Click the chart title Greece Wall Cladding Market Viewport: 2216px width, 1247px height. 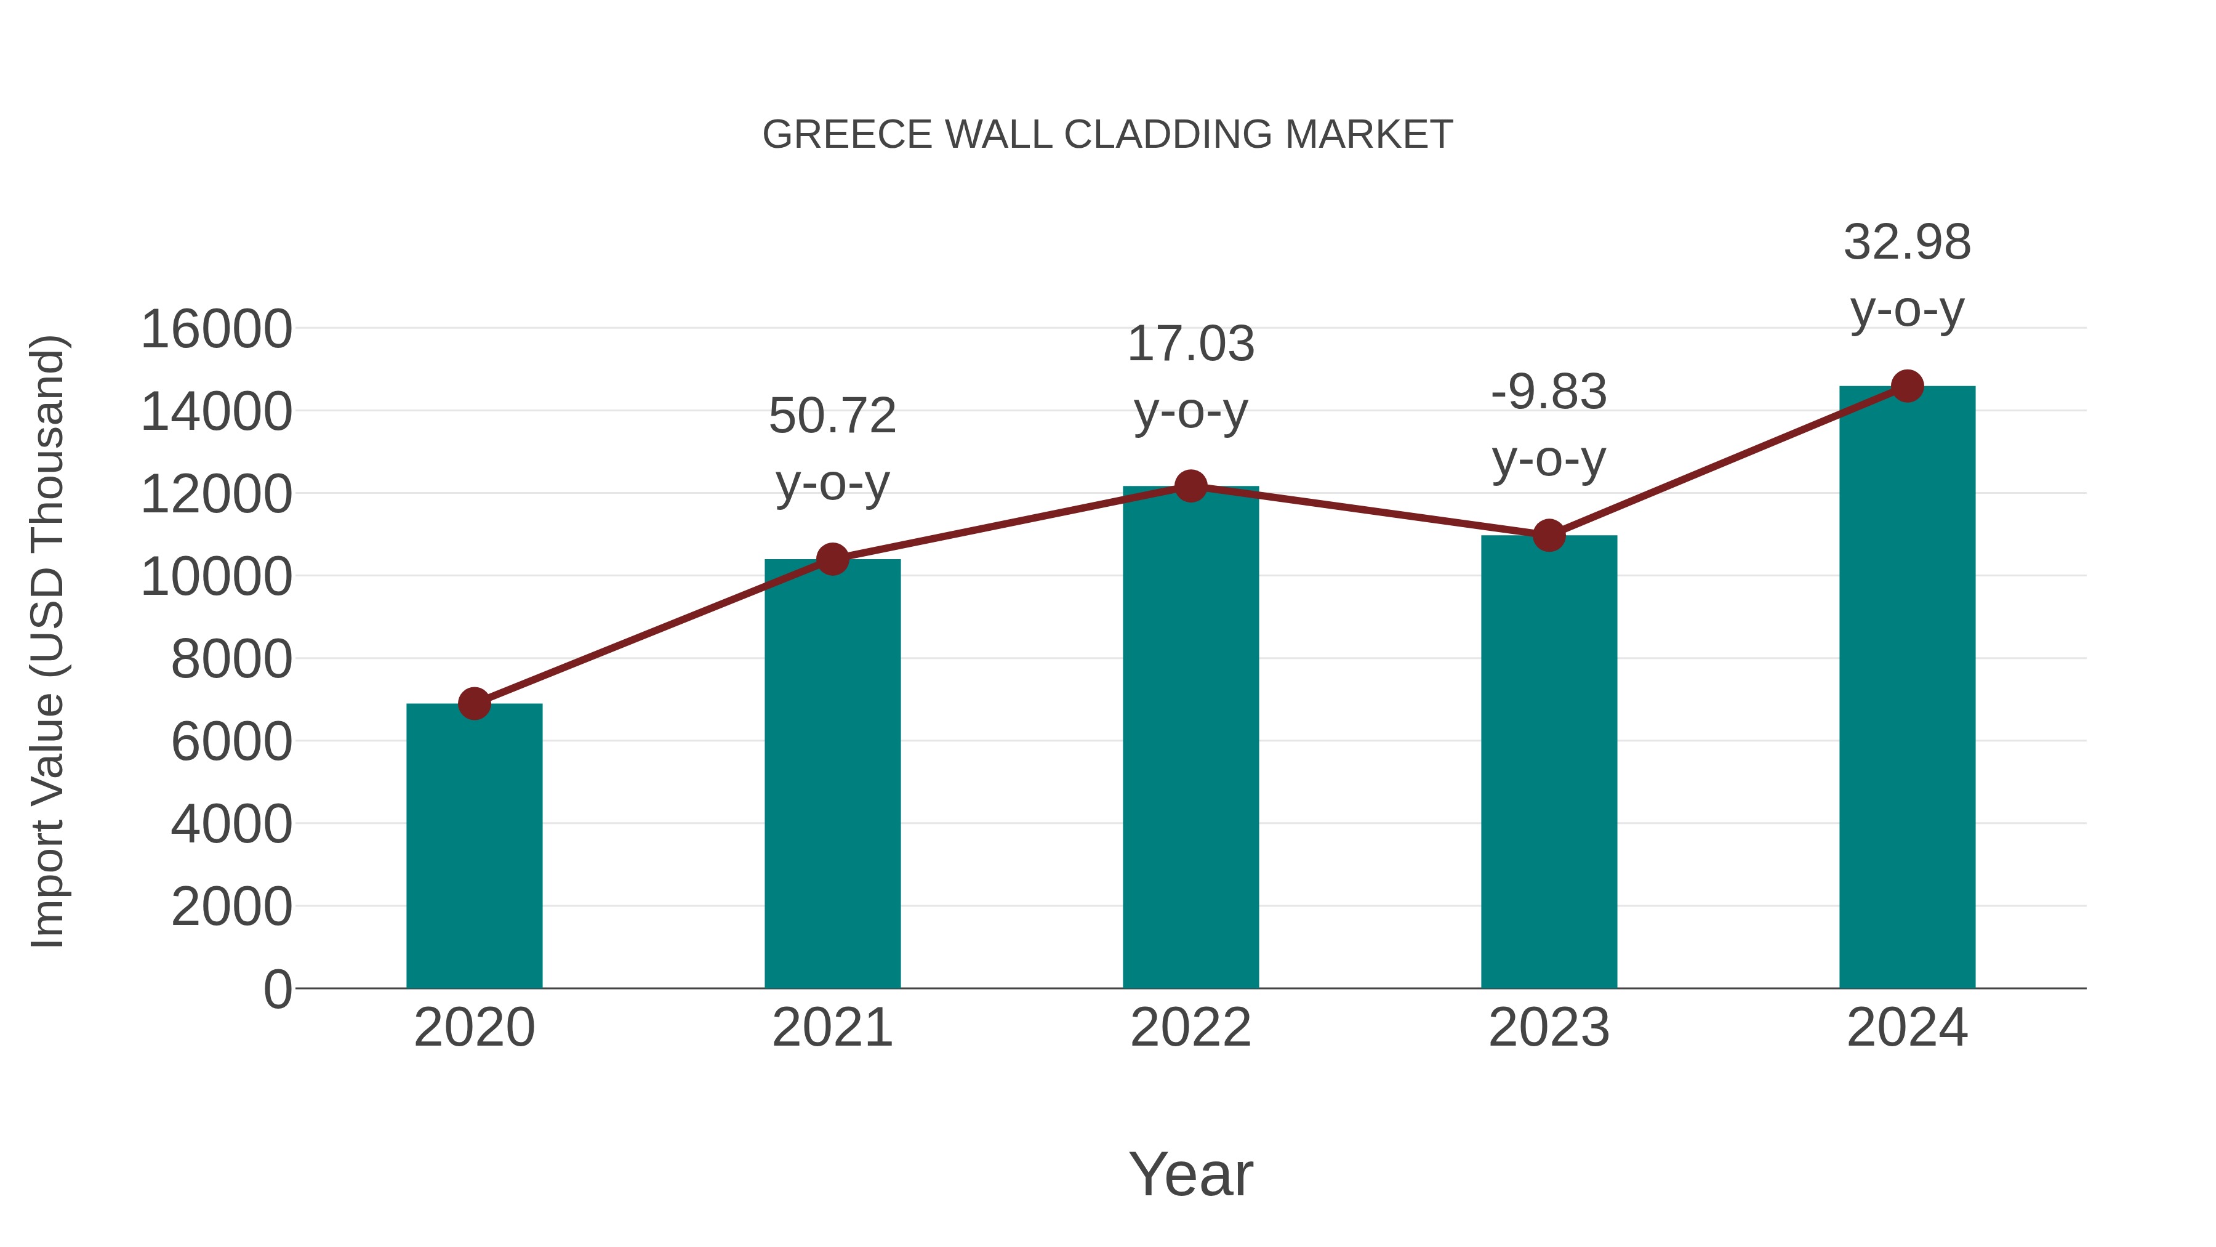(x=1107, y=135)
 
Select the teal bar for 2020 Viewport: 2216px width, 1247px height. (x=474, y=848)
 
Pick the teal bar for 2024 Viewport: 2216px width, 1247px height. (x=1907, y=688)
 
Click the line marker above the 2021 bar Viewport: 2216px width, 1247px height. (x=833, y=559)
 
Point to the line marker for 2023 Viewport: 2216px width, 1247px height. (x=1549, y=535)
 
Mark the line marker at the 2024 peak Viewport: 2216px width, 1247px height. (x=1907, y=386)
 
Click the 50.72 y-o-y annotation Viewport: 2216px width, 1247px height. (x=833, y=450)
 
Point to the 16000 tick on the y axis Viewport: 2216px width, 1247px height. (x=216, y=329)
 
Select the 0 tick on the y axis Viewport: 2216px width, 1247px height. (x=277, y=989)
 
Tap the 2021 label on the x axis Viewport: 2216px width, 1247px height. (x=833, y=1028)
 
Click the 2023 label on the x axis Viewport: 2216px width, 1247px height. (x=1549, y=1028)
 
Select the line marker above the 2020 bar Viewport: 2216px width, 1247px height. (x=474, y=704)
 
